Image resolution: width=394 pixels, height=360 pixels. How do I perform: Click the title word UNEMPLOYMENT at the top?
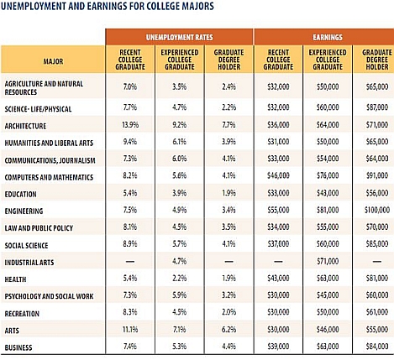pyautogui.click(x=34, y=6)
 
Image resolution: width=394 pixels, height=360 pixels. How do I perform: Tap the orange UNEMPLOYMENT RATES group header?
pyautogui.click(x=179, y=37)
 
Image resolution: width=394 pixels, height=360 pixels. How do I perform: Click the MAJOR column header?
pyautogui.click(x=53, y=61)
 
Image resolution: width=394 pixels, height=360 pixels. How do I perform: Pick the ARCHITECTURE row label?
pyautogui.click(x=25, y=126)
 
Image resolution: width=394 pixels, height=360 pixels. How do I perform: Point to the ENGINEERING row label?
pyautogui.click(x=24, y=211)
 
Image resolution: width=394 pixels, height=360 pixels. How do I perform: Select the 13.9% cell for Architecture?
pyautogui.click(x=130, y=125)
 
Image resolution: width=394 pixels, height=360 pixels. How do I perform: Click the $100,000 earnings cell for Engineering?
pyautogui.click(x=377, y=210)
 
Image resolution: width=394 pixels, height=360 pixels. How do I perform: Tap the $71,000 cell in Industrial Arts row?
pyautogui.click(x=328, y=261)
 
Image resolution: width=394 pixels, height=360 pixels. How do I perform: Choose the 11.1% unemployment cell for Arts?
pyautogui.click(x=130, y=330)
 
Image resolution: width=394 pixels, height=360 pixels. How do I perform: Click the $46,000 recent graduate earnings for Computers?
pyautogui.click(x=278, y=175)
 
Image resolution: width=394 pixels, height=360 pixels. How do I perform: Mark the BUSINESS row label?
pyautogui.click(x=18, y=347)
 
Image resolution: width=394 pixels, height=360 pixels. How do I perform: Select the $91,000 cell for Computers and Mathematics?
pyautogui.click(x=377, y=175)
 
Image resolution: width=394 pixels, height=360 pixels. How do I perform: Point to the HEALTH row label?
pyautogui.click(x=15, y=279)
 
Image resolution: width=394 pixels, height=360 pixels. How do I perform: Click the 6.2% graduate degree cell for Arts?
pyautogui.click(x=229, y=330)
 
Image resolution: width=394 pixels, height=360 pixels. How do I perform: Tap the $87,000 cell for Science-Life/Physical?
pyautogui.click(x=377, y=107)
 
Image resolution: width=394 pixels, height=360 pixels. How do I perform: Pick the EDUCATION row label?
pyautogui.click(x=20, y=195)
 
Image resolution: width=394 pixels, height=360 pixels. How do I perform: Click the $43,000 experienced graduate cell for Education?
pyautogui.click(x=328, y=193)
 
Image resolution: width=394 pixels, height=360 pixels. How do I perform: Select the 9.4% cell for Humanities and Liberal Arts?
pyautogui.click(x=130, y=142)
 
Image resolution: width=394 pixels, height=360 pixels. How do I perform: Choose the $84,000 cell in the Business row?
pyautogui.click(x=377, y=347)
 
